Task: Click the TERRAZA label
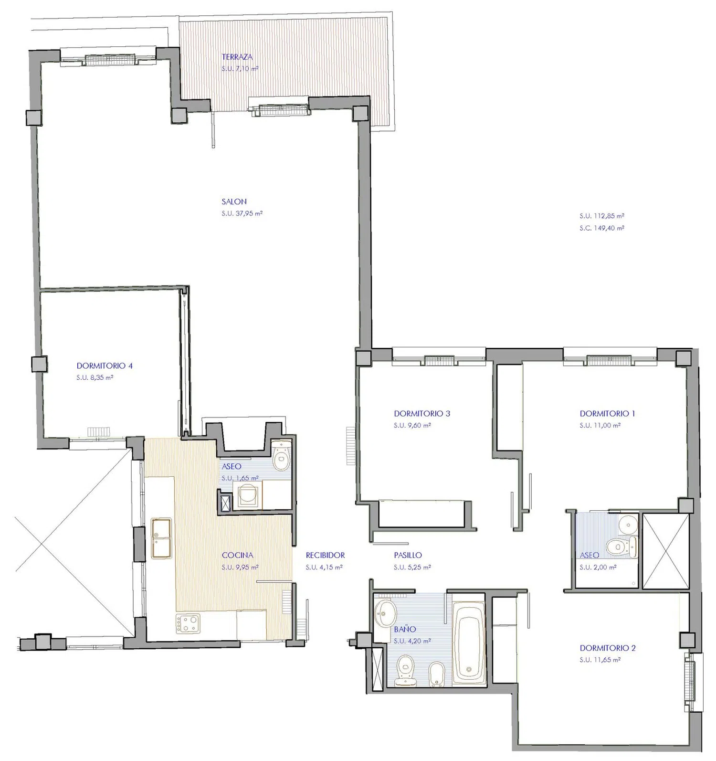point(237,57)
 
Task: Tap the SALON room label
point(234,202)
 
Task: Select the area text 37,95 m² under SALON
point(249,214)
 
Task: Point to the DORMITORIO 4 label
point(105,366)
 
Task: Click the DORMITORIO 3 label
point(422,414)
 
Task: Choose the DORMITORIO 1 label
point(607,414)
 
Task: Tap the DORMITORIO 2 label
point(608,648)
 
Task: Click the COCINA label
point(237,555)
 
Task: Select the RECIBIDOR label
point(325,555)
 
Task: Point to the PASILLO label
point(408,555)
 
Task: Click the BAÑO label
point(405,629)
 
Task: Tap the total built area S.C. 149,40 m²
point(602,228)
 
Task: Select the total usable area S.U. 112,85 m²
point(602,216)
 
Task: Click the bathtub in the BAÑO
point(468,641)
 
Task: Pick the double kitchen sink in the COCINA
point(161,538)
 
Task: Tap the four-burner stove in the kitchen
point(188,623)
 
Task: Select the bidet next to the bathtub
point(436,674)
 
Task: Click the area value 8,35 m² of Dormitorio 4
point(101,378)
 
